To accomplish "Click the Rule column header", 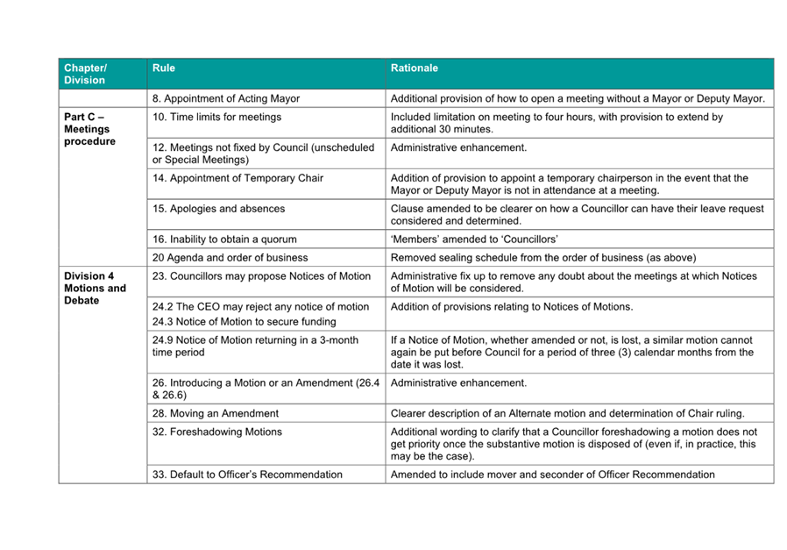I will click(164, 68).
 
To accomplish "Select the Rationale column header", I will click(415, 68).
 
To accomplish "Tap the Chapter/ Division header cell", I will click(85, 74).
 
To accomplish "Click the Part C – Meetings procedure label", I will click(89, 129).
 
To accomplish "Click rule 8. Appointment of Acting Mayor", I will click(226, 99).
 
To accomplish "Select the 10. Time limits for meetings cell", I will click(217, 117).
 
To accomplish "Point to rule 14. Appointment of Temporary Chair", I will click(238, 178).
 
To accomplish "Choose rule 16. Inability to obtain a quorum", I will click(224, 239).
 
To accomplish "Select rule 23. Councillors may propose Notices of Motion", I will click(261, 275).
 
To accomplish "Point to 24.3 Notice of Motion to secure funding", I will click(244, 322).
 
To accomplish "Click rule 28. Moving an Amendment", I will click(216, 413).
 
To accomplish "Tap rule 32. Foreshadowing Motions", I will click(217, 432).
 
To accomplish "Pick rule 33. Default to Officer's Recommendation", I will click(247, 475).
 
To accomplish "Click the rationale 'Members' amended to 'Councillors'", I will click(474, 239).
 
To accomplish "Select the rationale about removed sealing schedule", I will click(543, 257).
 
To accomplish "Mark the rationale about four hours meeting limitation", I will click(557, 123).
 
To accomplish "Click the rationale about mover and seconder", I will click(552, 475).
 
